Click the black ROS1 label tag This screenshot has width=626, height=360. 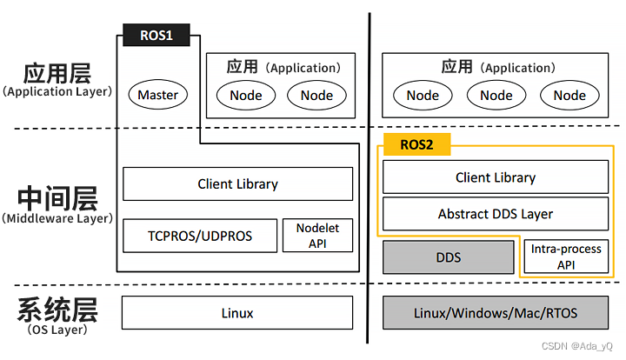[156, 35]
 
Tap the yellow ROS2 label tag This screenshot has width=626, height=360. [416, 144]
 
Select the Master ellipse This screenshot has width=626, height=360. [158, 95]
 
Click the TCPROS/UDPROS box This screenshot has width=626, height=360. [200, 236]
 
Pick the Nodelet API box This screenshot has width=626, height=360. [318, 236]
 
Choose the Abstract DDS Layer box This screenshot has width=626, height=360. [496, 214]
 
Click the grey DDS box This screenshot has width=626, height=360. [449, 257]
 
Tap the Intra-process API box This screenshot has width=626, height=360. [566, 257]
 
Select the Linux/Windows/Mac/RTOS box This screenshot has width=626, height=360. [496, 312]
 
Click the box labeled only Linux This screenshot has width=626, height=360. [237, 312]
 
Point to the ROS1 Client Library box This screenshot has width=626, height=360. [238, 184]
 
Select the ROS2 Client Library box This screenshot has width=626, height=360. [496, 177]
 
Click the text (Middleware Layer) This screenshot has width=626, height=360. [57, 219]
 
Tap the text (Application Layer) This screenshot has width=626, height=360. [57, 91]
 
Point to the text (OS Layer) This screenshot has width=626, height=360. [57, 330]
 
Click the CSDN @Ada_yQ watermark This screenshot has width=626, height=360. [577, 345]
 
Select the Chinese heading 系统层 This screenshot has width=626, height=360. [57, 310]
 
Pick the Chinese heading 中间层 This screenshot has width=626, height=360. [57, 198]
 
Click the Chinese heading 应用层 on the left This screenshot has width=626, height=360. [57, 73]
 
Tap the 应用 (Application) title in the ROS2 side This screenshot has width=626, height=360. [498, 67]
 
